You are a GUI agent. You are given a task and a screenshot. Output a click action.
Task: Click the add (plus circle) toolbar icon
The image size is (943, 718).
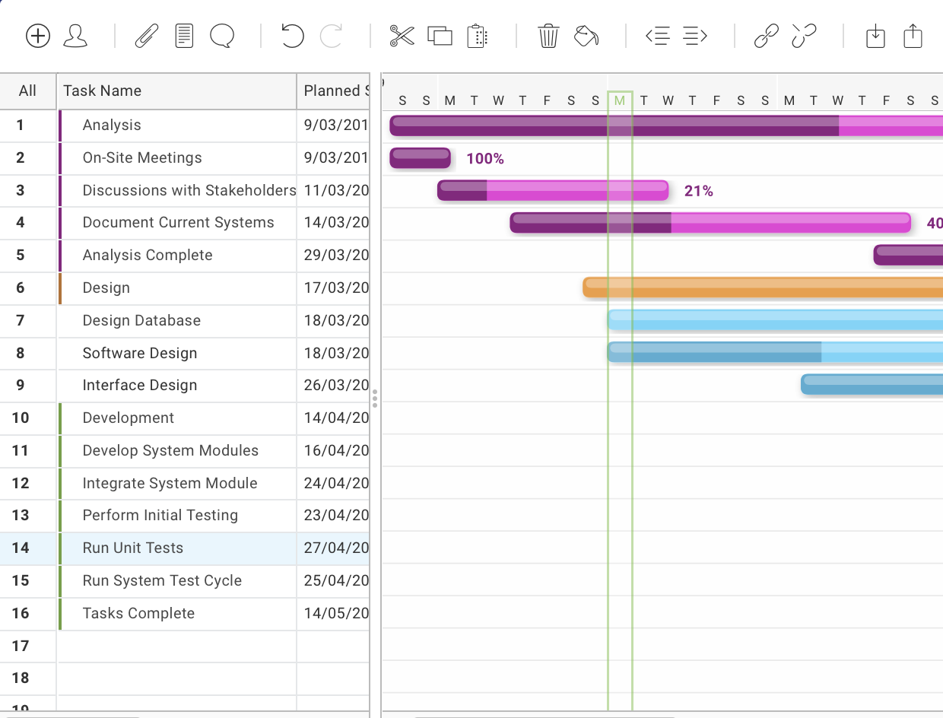38,36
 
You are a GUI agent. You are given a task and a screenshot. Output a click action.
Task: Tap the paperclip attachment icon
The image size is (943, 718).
146,36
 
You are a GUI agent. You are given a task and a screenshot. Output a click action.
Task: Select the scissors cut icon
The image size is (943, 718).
402,36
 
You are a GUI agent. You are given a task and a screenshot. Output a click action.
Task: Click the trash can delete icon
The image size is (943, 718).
548,36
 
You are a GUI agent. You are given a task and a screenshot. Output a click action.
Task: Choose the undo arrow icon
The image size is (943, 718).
292,36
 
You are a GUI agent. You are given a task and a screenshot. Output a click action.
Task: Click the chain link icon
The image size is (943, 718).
766,36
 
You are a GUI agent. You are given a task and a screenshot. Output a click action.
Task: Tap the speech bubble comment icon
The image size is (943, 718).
221,36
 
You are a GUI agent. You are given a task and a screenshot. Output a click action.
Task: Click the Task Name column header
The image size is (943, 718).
103,91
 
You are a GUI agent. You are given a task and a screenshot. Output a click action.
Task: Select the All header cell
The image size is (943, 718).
27,91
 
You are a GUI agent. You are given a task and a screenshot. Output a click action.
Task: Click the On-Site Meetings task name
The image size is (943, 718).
142,158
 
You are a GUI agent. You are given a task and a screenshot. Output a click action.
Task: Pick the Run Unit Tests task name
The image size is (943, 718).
133,548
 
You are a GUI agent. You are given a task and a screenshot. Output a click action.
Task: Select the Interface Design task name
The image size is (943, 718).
140,386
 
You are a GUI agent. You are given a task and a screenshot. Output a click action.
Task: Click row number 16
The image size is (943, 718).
21,614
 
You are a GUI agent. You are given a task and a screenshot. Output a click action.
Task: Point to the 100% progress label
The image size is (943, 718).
485,159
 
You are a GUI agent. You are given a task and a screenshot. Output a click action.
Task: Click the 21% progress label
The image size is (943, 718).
698,192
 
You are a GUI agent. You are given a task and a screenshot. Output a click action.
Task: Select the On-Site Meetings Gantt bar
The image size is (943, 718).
420,158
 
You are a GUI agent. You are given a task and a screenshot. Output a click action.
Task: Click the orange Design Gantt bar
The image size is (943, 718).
760,288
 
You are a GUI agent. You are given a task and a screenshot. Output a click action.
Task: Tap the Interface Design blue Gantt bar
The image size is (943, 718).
871,385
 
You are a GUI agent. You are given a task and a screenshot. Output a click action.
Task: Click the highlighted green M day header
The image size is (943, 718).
620,100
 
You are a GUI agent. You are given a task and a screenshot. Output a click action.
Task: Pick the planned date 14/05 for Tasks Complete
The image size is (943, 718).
335,614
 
